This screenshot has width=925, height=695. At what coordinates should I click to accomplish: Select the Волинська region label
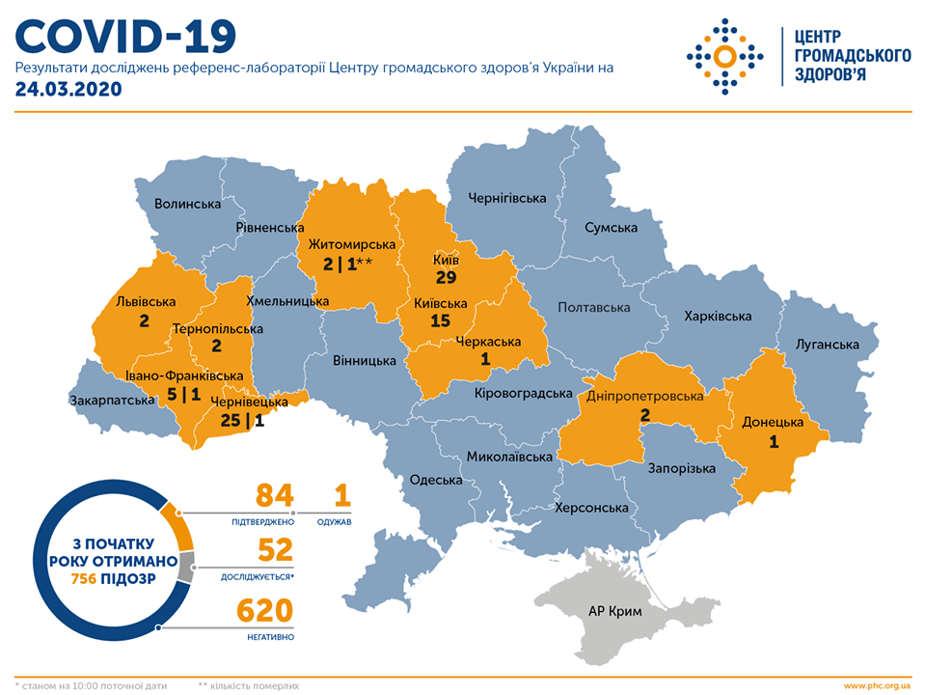188,204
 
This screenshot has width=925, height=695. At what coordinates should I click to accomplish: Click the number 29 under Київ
445,278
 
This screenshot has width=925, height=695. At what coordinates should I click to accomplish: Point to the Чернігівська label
506,198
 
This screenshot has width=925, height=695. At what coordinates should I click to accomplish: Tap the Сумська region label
611,228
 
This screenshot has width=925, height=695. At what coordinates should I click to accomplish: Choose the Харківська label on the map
717,316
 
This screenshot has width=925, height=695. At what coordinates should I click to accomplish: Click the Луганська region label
827,345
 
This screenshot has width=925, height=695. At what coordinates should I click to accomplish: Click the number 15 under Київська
440,320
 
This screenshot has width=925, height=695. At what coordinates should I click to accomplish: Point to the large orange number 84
274,496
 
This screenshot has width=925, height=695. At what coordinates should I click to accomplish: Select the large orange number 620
260,612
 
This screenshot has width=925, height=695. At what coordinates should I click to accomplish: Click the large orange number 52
274,552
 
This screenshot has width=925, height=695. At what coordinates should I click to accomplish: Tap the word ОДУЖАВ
334,521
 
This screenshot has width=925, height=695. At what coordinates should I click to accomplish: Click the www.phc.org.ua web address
876,685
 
